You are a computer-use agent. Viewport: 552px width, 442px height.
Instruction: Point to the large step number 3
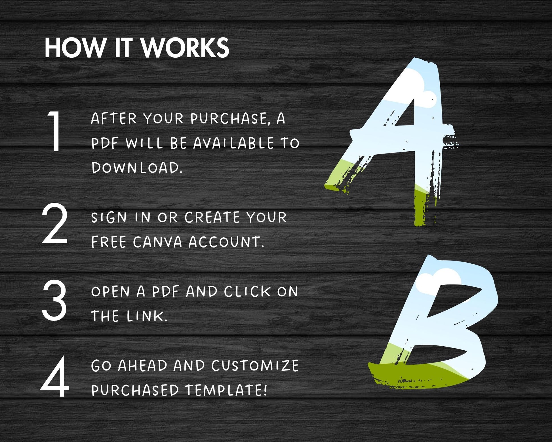coord(54,300)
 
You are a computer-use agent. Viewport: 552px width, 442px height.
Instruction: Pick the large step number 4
coord(55,376)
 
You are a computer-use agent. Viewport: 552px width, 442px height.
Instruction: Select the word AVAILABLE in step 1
coord(233,143)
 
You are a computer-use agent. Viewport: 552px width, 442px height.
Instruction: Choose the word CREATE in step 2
coord(212,217)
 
